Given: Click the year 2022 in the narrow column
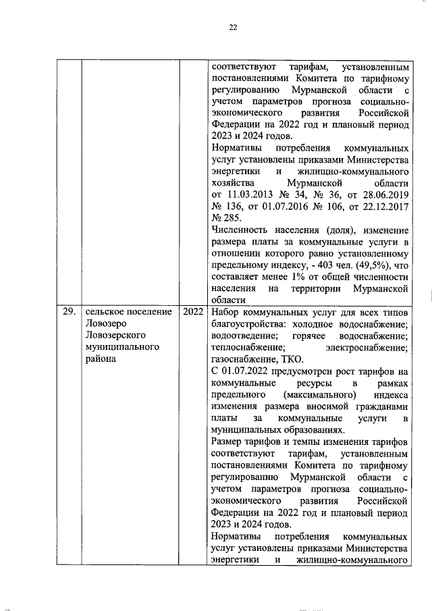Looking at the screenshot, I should [x=192, y=312].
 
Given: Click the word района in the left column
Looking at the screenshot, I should [x=101, y=358].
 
